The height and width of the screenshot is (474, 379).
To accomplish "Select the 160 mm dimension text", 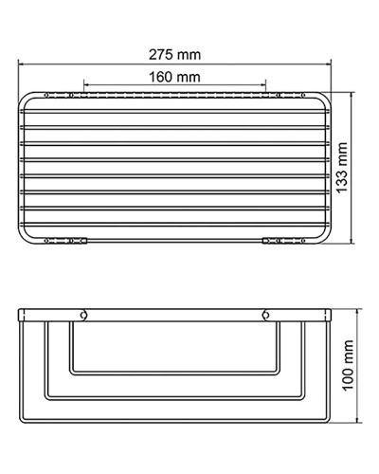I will pyautogui.click(x=175, y=75).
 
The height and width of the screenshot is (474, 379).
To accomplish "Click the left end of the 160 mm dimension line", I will pyautogui.click(x=84, y=84).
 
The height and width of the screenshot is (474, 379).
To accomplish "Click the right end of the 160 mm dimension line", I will pyautogui.click(x=266, y=84).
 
